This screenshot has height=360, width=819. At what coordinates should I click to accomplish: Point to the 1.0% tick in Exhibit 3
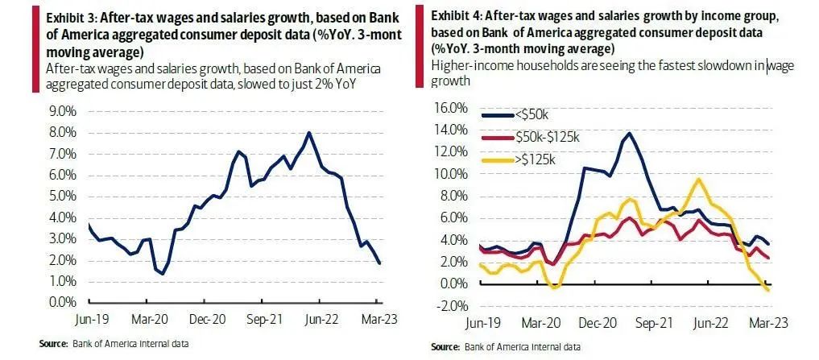tap(64, 281)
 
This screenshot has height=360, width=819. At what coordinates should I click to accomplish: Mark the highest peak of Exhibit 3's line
tap(308, 133)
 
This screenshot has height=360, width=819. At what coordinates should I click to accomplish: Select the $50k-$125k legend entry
tap(546, 138)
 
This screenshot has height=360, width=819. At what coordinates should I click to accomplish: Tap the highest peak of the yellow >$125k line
tap(698, 179)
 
